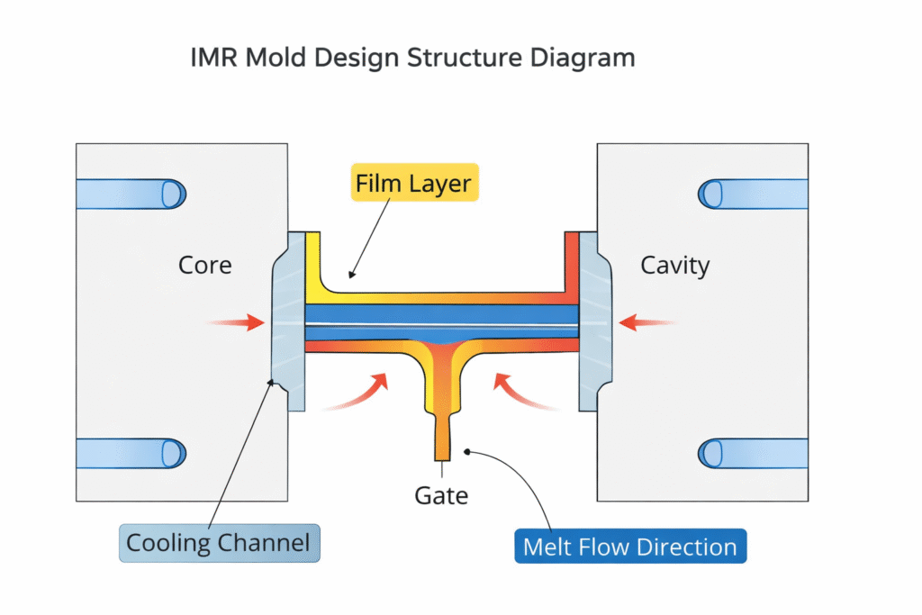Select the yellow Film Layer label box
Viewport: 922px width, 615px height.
tap(412, 185)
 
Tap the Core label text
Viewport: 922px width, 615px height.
tap(205, 266)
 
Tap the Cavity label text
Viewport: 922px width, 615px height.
tap(674, 266)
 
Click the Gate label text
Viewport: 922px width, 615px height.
tap(441, 494)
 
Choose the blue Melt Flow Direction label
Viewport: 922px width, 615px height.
tap(630, 547)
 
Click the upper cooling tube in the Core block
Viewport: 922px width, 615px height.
tap(131, 194)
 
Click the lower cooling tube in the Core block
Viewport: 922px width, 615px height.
tap(131, 453)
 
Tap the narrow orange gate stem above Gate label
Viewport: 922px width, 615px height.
tap(441, 439)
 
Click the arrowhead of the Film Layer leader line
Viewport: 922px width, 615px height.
tap(351, 275)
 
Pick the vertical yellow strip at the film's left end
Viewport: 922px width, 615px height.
tap(313, 261)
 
